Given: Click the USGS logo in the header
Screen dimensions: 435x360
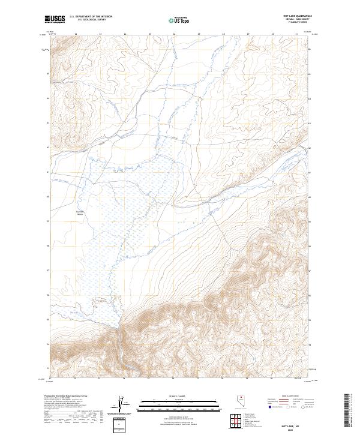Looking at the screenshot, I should (55, 19).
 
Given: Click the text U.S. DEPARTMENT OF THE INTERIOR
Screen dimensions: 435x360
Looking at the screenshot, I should (91, 16).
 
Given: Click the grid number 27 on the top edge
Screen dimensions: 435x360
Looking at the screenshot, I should (199, 34).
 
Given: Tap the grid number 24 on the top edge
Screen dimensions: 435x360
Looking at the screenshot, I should (124, 34).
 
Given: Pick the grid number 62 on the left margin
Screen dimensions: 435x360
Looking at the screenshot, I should (49, 147).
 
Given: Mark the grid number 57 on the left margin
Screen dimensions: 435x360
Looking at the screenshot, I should (49, 270).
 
